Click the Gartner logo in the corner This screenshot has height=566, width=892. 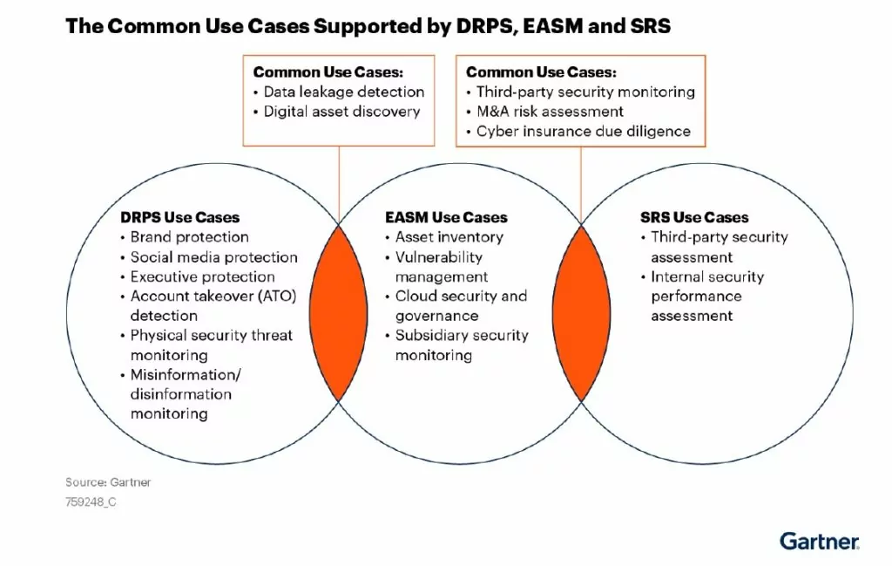[x=819, y=541]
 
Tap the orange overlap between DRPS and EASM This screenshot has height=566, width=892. [x=339, y=313]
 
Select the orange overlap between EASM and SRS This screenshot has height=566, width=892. [x=581, y=313]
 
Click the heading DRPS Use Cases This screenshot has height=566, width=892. [x=179, y=217]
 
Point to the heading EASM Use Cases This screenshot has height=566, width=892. [x=446, y=217]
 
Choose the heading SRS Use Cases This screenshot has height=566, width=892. [x=694, y=217]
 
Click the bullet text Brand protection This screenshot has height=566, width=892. [x=189, y=237]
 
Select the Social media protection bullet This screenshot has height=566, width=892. [x=214, y=256]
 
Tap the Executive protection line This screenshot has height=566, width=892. [x=202, y=276]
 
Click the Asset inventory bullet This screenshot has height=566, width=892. [x=449, y=237]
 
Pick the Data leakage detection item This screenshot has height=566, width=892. [x=343, y=92]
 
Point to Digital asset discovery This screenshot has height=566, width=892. [x=341, y=112]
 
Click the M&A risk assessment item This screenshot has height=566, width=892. [x=550, y=112]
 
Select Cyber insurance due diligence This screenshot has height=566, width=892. [x=583, y=132]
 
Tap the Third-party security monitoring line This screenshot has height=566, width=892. [x=585, y=92]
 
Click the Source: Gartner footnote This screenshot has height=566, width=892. [x=108, y=482]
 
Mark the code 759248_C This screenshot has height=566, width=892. [x=91, y=501]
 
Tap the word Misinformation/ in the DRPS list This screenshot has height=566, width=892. [x=186, y=375]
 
